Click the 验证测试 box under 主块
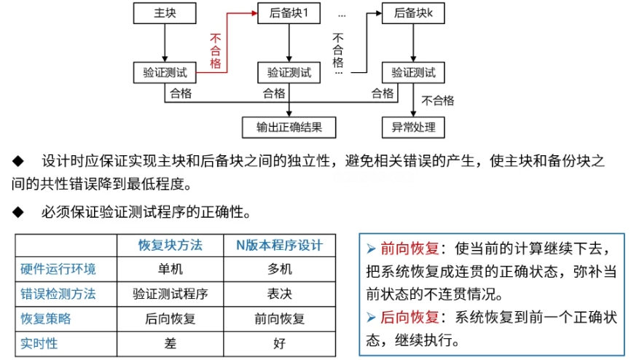coord(165,72)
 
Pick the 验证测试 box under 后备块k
coord(413,72)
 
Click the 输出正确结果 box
coord(289,127)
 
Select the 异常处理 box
coord(413,127)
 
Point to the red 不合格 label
coord(216,50)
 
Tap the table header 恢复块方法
coord(171,245)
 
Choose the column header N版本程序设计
coord(279,245)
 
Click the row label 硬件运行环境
coord(58,270)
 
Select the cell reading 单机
coord(171,270)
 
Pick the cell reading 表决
coord(279,294)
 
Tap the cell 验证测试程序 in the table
coord(171,294)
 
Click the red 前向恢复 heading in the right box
coord(408,249)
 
